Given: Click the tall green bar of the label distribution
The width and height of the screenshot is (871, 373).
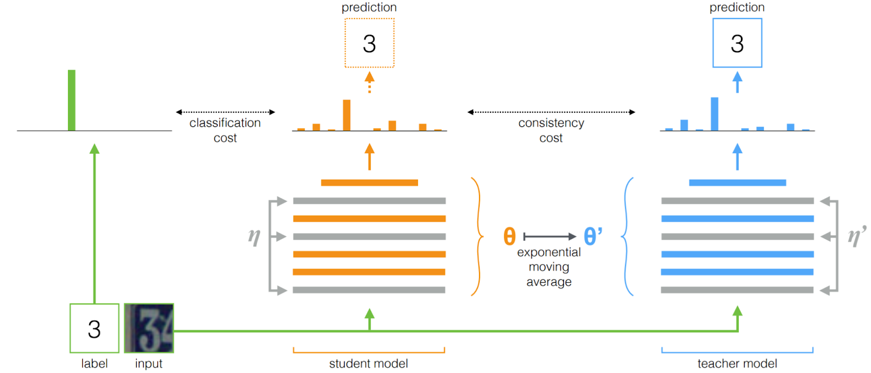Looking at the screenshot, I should coord(71,100).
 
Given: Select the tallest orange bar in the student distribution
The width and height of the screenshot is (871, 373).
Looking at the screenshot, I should coord(346,115).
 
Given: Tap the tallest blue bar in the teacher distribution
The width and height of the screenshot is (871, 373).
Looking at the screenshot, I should coord(714,114).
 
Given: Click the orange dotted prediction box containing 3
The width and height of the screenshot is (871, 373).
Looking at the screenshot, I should coord(369,43).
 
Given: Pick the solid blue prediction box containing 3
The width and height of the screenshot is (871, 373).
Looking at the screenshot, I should coord(737,43).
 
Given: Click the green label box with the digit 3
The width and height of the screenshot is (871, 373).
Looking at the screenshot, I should coord(94,328).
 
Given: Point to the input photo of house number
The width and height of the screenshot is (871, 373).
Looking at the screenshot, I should coord(149,328).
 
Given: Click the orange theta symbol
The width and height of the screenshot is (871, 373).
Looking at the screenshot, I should coord(509,236).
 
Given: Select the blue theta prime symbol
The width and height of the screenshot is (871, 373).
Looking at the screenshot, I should coord(592,236).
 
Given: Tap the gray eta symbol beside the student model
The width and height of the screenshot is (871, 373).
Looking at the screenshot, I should coord(254,236).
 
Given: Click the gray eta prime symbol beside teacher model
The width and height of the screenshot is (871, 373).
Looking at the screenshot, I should coord(856,236).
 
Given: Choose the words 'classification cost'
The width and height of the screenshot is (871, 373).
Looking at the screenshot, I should coord(225,130).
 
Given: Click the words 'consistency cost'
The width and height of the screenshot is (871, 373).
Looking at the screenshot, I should coord(551,130).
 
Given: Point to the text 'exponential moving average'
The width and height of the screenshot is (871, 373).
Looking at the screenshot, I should coord(549,267).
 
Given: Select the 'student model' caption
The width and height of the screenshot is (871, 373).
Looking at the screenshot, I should coord(369,363).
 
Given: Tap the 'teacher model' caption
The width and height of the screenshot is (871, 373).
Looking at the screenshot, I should coord(737,363).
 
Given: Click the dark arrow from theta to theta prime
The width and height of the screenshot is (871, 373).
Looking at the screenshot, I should coord(549,236).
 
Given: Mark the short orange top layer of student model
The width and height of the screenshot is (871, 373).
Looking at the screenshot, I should coord(369,182).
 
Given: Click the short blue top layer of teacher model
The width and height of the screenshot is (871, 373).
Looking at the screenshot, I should coord(737,182).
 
